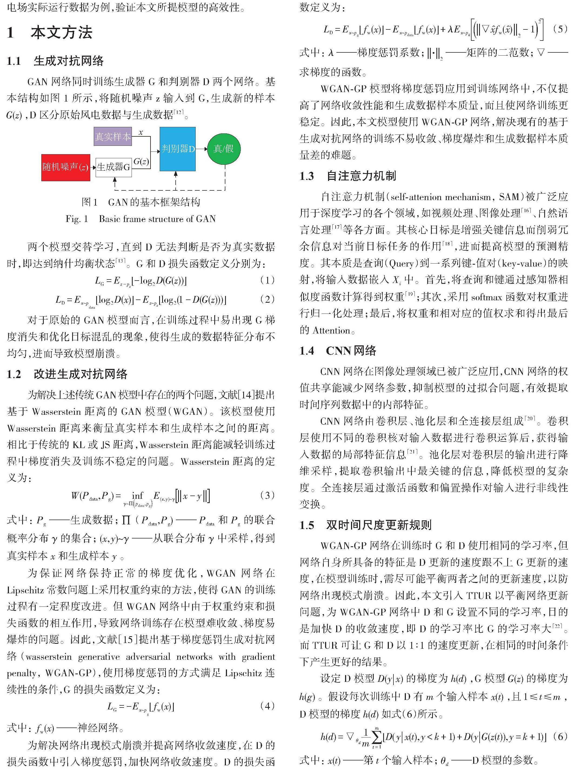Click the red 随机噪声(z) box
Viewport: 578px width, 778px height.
pyautogui.click(x=66, y=167)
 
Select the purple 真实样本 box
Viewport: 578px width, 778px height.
pyautogui.click(x=113, y=136)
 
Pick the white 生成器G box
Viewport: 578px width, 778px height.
pyautogui.click(x=113, y=167)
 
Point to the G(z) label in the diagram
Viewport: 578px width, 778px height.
pyautogui.click(x=141, y=161)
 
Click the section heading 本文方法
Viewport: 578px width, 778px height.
pyautogui.click(x=61, y=33)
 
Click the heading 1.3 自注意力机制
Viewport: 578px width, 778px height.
pyautogui.click(x=348, y=176)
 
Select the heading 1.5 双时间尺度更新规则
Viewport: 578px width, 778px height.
pyautogui.click(x=365, y=525)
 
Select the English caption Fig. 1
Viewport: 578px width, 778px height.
pyautogui.click(x=141, y=219)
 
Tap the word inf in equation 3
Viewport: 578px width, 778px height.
pyautogui.click(x=138, y=496)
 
